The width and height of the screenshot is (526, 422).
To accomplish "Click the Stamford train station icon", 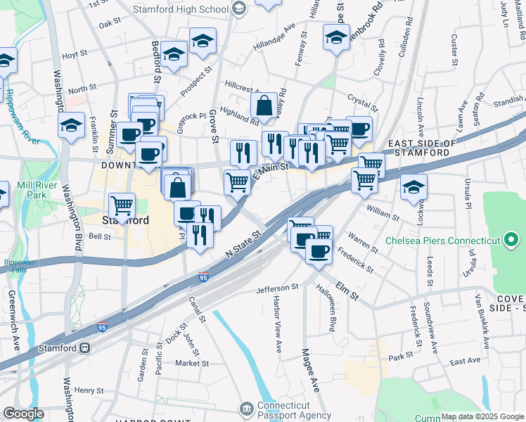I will tap(84, 347).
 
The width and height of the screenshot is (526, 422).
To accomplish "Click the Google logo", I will tap(23, 414).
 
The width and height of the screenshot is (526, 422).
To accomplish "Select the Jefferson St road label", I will tap(277, 288).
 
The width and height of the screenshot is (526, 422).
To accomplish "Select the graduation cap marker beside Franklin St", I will tap(70, 127).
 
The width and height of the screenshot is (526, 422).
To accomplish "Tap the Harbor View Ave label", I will tap(276, 328).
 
